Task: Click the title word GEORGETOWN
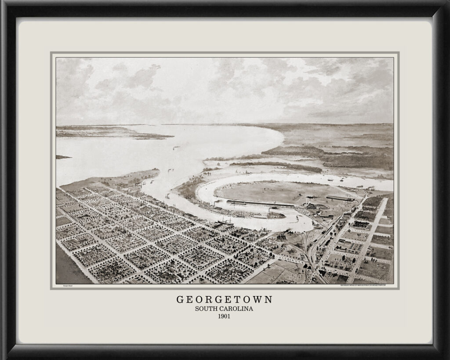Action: (225, 299)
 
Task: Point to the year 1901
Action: (225, 316)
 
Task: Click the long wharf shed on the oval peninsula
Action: (259, 203)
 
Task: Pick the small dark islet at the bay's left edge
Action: (63, 157)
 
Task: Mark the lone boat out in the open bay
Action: (176, 148)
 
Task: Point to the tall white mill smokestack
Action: (306, 202)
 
